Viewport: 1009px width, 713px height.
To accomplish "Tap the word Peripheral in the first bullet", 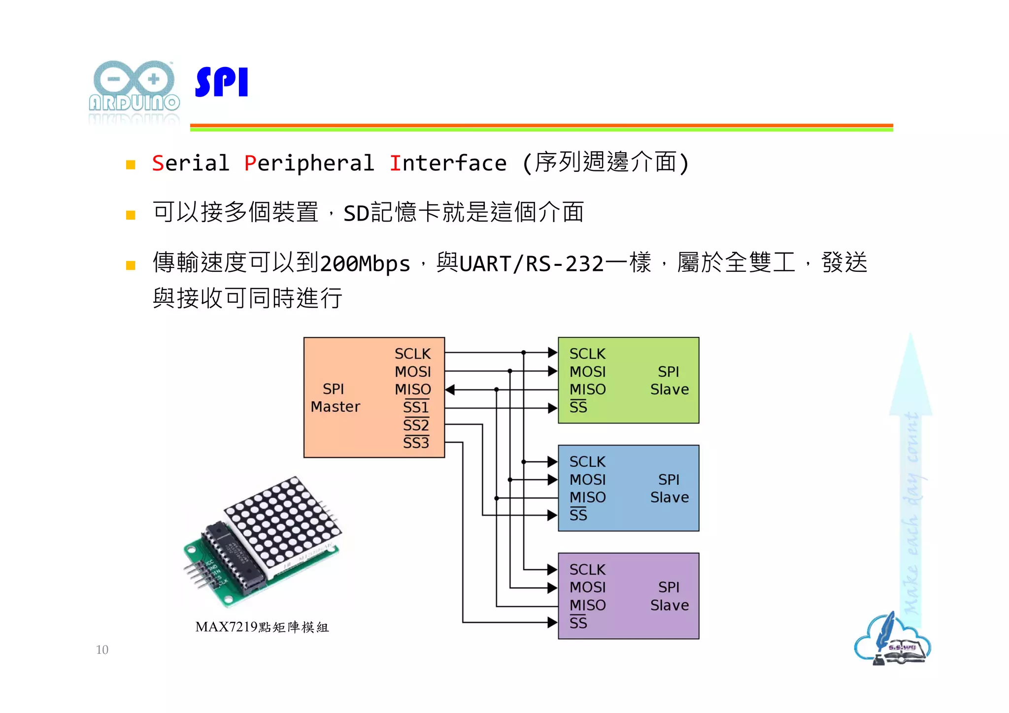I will coord(309,163).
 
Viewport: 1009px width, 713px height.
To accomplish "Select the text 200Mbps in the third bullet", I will coord(365,264).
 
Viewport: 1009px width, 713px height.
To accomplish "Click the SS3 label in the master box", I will coord(416,443).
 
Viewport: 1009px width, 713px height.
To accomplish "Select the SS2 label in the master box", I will coord(416,425).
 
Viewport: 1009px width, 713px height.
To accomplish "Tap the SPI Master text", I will coord(335,398).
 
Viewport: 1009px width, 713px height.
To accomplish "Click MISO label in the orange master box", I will coord(413,389).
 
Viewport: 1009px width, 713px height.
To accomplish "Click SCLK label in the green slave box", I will coord(587,354).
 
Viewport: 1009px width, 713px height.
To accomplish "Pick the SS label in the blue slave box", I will coord(578,515).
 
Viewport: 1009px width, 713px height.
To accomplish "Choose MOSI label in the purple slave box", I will coord(587,587).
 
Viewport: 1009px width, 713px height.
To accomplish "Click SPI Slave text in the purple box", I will coord(669,596).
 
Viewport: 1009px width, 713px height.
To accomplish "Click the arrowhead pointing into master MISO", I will coord(450,390).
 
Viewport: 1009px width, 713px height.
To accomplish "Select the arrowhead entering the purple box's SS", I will coord(552,622).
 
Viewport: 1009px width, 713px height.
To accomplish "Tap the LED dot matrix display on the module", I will coord(283,522).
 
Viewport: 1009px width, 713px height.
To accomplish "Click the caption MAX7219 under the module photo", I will coord(227,627).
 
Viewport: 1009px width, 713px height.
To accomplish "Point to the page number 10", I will coord(102,650).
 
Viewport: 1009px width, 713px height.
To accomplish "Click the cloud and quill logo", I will coord(892,640).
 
